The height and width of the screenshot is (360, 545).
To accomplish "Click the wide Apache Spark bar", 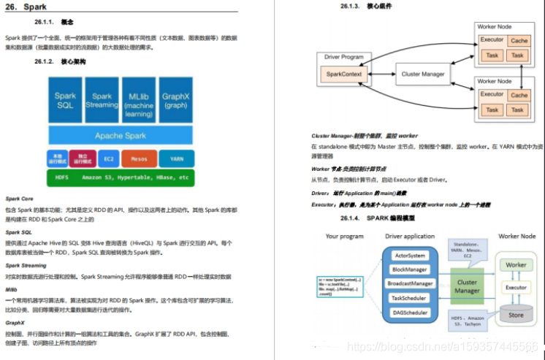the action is coord(120,136).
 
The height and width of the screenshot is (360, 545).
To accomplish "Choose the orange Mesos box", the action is coord(139,158).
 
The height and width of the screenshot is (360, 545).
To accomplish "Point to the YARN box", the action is coord(176,158).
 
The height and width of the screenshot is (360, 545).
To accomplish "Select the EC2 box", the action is coord(108,158).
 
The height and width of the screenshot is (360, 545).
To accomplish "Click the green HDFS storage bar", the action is coord(121,177).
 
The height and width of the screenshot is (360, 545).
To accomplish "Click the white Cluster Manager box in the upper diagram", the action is coord(423,74).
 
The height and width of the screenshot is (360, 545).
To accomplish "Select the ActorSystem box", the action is coord(410,256).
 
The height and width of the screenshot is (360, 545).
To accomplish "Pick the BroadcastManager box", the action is coord(410,283).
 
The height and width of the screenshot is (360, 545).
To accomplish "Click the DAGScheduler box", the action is coord(410,312).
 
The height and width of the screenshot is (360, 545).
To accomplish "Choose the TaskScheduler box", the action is coord(410,298).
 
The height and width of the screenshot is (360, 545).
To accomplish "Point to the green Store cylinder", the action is coord(517,315).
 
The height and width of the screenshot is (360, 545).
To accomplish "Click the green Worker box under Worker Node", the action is coord(517,265).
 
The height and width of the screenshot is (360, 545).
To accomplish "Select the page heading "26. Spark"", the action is coord(26,7).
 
